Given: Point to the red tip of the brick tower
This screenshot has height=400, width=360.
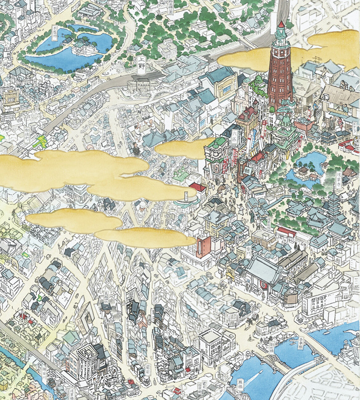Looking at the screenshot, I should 281,24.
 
